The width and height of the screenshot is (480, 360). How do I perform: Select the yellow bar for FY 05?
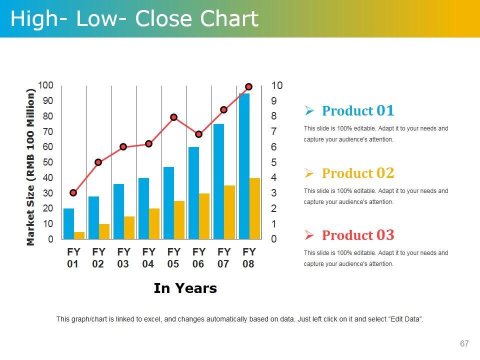click(x=179, y=220)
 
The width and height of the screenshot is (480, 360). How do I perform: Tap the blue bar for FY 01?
click(x=68, y=223)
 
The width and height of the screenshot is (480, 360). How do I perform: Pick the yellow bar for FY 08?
click(x=254, y=208)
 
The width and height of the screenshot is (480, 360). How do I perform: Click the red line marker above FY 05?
click(x=173, y=117)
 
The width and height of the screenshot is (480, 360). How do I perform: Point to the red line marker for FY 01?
click(x=73, y=192)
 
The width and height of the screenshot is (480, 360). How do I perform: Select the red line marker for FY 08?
click(x=248, y=86)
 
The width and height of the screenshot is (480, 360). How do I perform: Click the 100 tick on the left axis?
click(x=45, y=85)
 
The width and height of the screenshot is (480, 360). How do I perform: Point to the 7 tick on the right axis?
click(x=273, y=131)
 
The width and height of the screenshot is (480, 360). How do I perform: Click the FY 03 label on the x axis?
click(x=123, y=257)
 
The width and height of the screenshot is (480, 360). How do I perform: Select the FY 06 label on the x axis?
click(x=198, y=257)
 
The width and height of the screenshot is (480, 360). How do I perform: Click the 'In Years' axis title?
click(x=185, y=288)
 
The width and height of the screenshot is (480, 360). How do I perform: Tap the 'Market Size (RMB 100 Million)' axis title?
click(x=31, y=167)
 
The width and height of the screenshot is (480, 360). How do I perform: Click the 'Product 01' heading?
click(x=358, y=110)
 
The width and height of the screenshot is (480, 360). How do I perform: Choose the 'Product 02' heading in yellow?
click(x=358, y=173)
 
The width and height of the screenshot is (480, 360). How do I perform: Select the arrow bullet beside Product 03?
click(x=309, y=235)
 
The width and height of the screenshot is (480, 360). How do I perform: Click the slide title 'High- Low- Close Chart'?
click(x=134, y=19)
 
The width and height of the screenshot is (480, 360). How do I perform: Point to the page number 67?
click(x=464, y=343)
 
